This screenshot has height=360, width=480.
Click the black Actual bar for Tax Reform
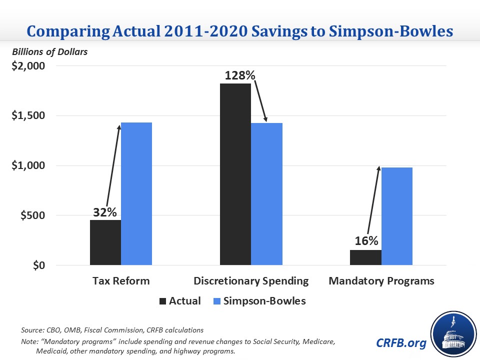(105, 242)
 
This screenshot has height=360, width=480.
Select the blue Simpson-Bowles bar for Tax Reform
(136, 194)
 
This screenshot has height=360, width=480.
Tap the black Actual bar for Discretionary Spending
(235, 174)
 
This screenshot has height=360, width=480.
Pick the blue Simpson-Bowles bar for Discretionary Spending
(266, 194)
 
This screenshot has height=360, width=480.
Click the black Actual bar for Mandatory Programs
(366, 257)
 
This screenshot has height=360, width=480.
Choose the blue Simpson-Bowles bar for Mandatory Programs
(397, 216)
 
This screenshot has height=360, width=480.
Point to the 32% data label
(105, 211)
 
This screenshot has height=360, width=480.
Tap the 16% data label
(366, 241)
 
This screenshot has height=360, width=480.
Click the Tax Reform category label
(121, 280)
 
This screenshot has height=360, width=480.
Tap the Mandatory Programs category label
(381, 280)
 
